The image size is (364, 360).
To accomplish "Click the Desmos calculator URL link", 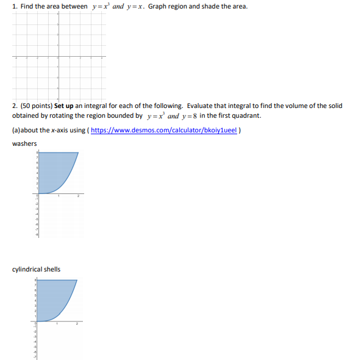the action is (x=165, y=130).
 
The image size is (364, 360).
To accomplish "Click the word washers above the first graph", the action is (x=24, y=143).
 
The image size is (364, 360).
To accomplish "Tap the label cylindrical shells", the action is (x=36, y=269).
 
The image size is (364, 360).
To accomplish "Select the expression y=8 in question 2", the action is (x=187, y=115).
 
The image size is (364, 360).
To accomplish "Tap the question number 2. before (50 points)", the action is (x=15, y=106).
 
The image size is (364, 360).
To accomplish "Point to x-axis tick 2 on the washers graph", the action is (x=78, y=196).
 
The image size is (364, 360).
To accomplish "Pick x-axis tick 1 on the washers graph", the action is (x=59, y=196).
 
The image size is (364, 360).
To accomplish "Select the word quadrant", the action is (x=247, y=115).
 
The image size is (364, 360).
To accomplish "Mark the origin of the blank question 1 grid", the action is (x=59, y=58).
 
